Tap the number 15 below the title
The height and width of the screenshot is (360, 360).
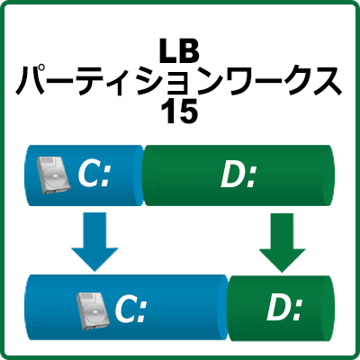[x=179, y=112]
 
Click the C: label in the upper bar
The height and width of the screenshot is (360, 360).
[x=94, y=174]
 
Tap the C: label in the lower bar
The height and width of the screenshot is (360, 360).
[x=130, y=309]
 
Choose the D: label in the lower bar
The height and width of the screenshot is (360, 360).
[x=284, y=308]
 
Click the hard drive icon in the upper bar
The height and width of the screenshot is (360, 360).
[x=52, y=175]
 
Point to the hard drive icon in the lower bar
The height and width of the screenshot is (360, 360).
[x=91, y=311]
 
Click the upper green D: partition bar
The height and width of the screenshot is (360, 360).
[x=238, y=175]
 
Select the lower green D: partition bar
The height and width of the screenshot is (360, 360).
[x=280, y=309]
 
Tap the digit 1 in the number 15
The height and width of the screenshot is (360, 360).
[x=168, y=112]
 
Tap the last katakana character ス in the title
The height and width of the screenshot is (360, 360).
[x=327, y=82]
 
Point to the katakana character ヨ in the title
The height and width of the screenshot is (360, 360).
[x=177, y=84]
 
